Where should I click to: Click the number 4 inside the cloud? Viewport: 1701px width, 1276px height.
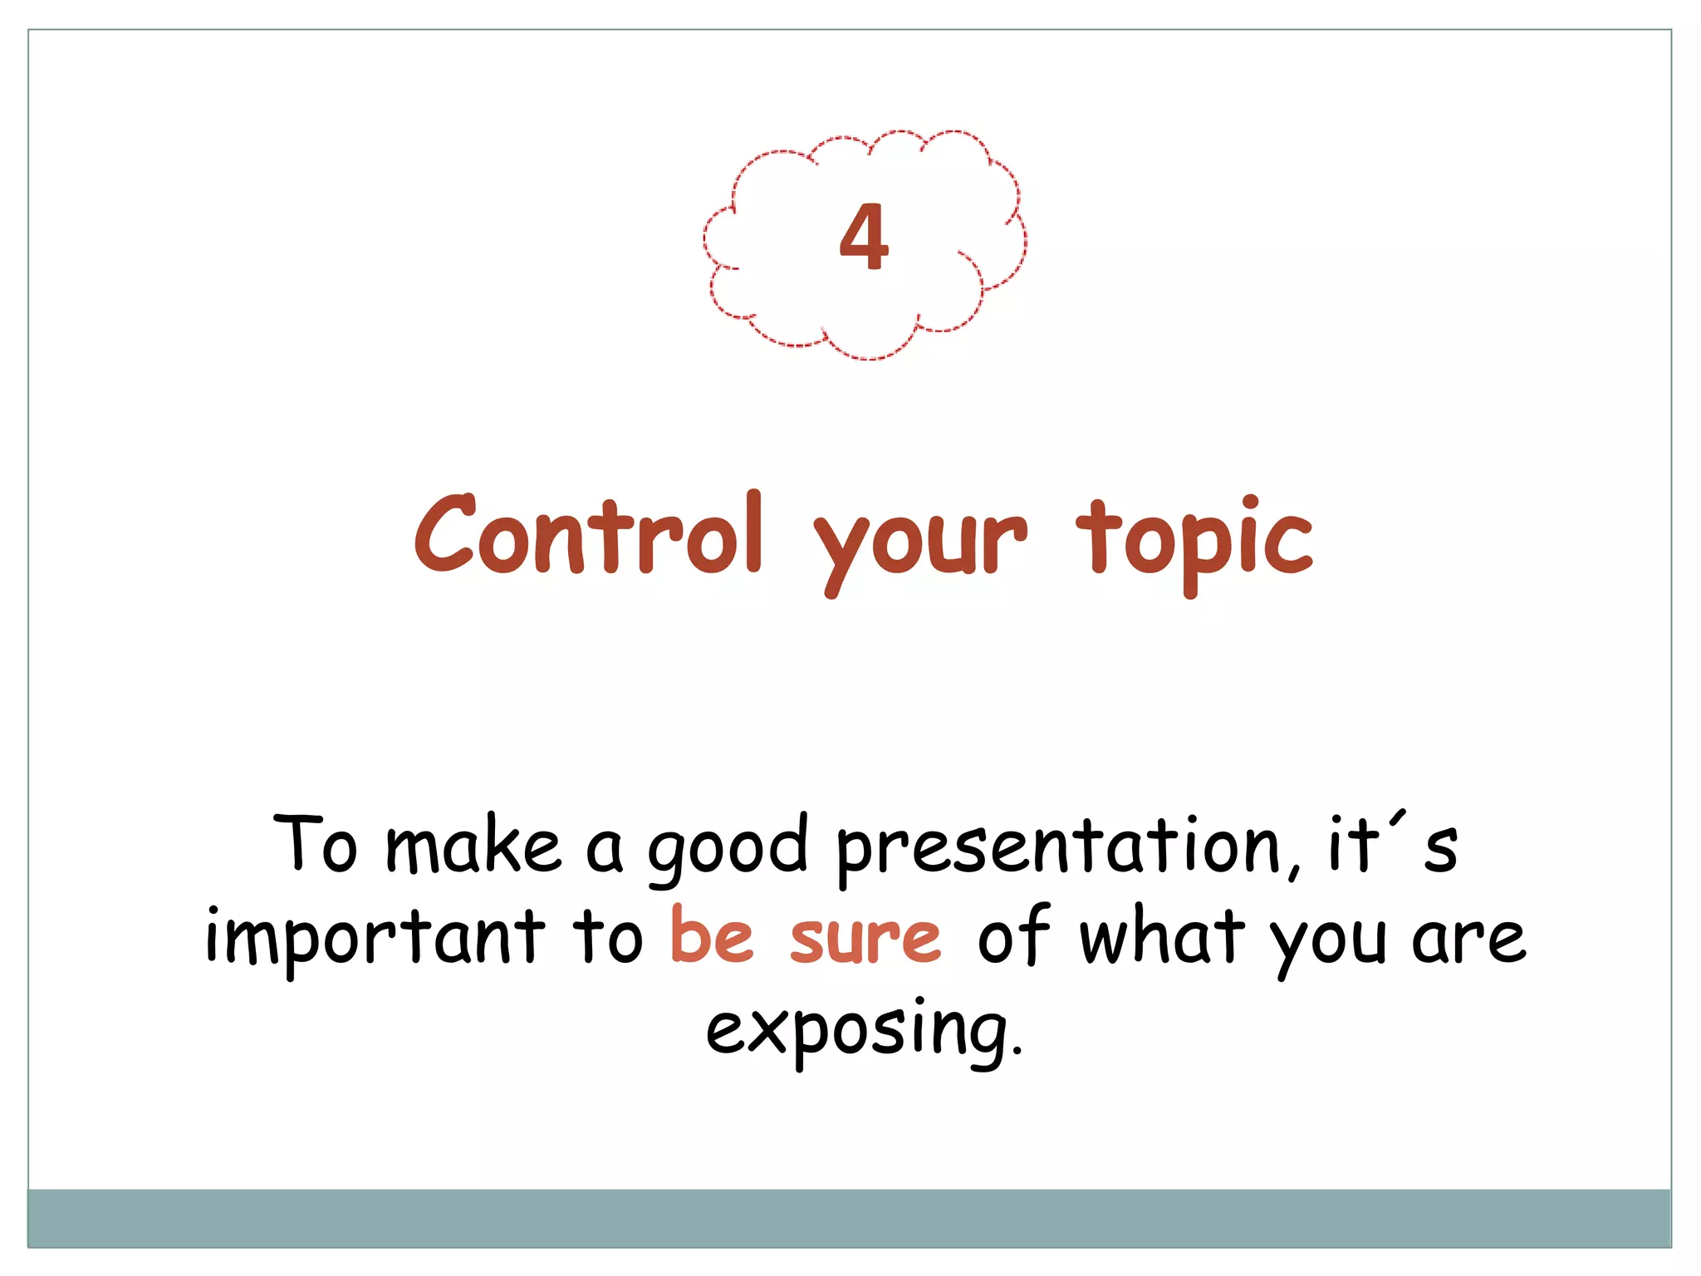tap(864, 238)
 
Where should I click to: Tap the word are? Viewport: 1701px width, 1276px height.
tap(1468, 940)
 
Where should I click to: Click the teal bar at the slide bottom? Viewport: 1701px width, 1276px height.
tap(849, 1218)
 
